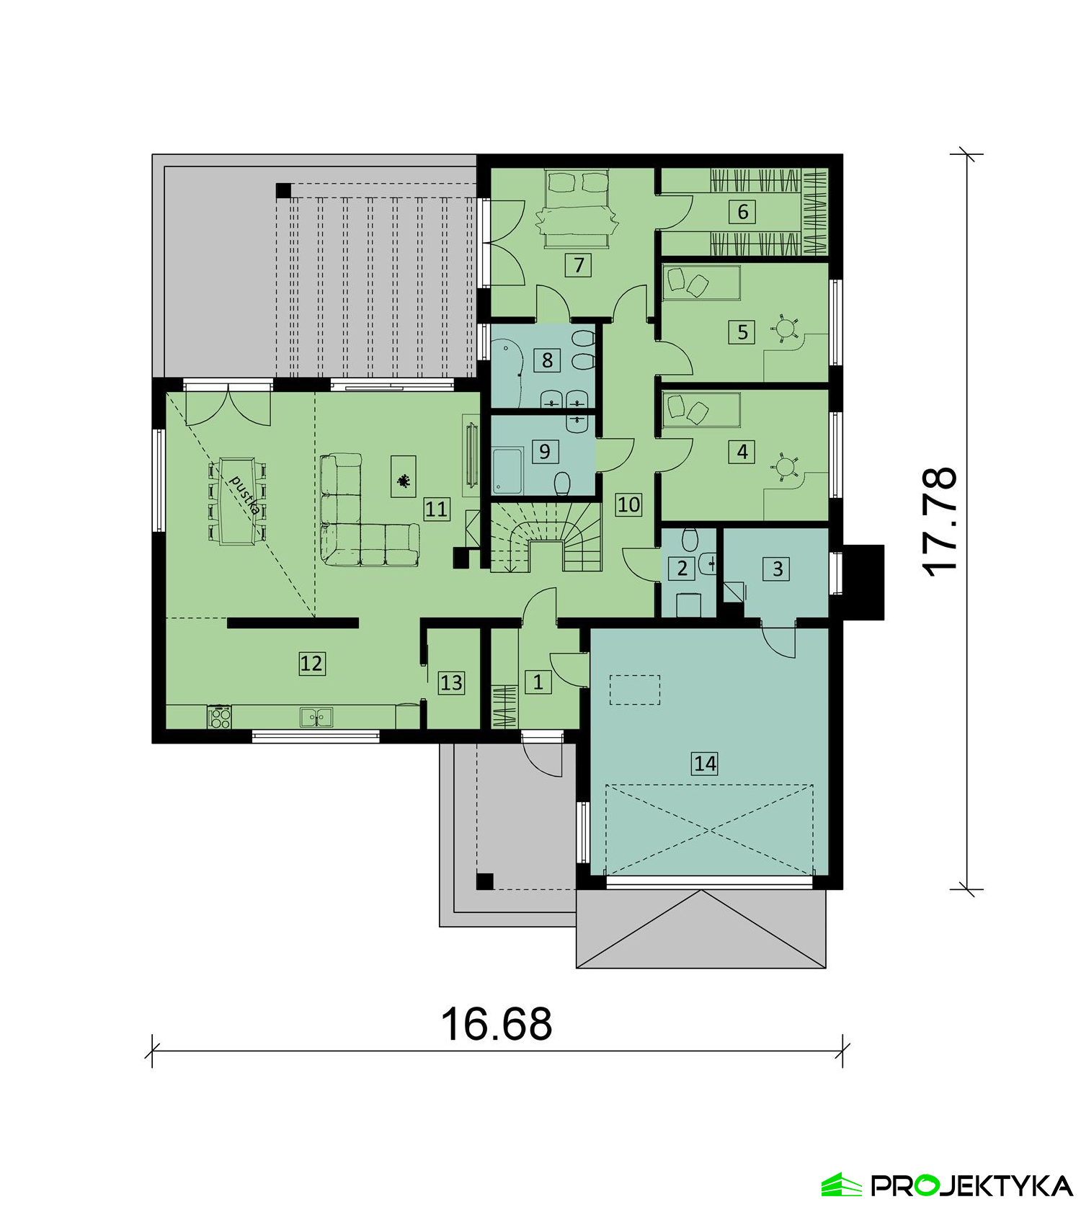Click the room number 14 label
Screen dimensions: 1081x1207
(x=705, y=763)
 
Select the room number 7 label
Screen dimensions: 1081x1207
(x=579, y=265)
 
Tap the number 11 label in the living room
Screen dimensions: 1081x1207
(x=436, y=509)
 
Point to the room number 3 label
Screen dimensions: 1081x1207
(x=778, y=569)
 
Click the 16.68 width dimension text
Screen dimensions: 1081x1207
(x=497, y=1024)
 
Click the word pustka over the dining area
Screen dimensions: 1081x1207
(x=244, y=494)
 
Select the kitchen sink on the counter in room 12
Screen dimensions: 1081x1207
(x=316, y=717)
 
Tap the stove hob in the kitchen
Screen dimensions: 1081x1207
(x=220, y=717)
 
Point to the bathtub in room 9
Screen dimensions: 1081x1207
(x=509, y=471)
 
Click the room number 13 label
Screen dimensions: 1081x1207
(x=451, y=682)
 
